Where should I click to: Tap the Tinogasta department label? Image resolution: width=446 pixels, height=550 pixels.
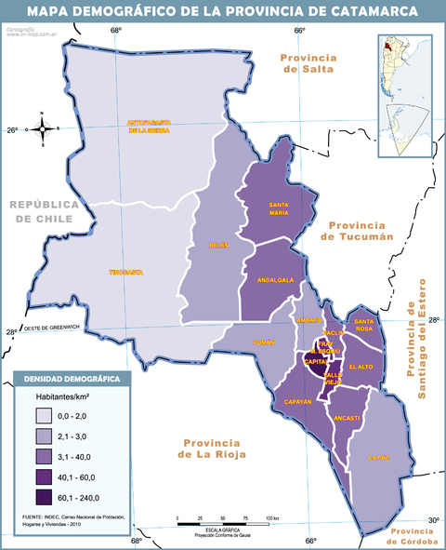point(125,272)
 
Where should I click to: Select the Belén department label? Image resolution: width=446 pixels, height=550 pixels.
point(218,246)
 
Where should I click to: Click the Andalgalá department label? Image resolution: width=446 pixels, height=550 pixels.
point(275,279)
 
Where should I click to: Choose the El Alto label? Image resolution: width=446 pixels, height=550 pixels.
point(361,368)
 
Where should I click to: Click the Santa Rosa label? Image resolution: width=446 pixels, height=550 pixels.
point(364,325)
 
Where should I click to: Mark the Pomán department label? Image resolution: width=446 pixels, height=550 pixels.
point(264,342)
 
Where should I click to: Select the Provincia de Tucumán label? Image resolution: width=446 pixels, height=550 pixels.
point(358,230)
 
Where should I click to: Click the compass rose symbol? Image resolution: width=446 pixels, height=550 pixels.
point(43,128)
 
